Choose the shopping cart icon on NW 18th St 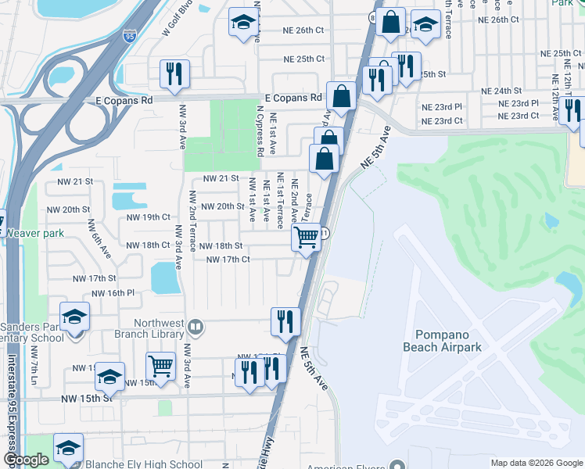click(x=307, y=237)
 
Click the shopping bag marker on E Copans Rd click(x=341, y=97)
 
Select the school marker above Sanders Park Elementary click(x=74, y=317)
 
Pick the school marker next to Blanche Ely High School click(x=68, y=448)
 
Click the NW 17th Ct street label click(x=228, y=260)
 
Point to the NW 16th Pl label click(x=113, y=293)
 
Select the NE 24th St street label click(x=501, y=91)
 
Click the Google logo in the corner click(x=27, y=460)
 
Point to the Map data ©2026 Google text click(x=536, y=463)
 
